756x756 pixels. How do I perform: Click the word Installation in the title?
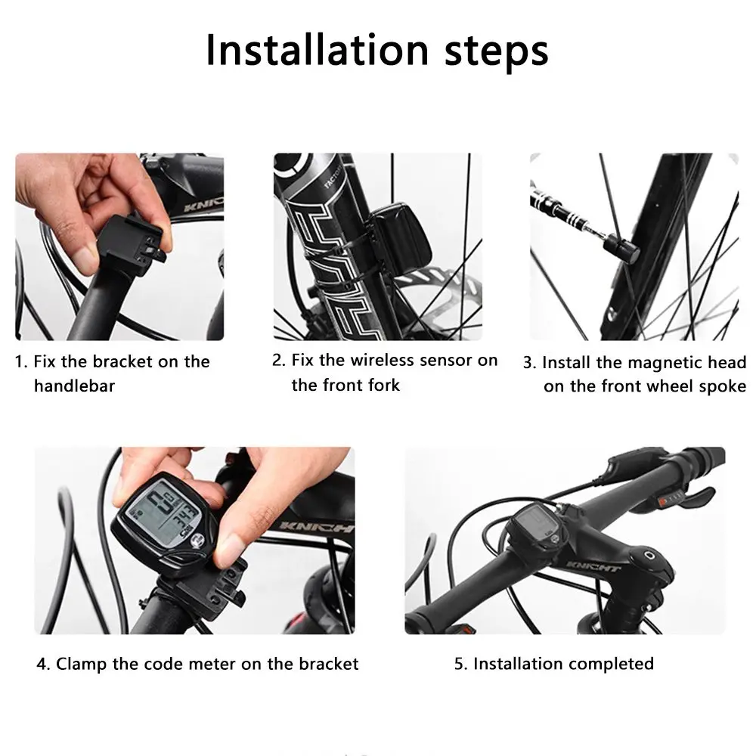pyautogui.click(x=318, y=50)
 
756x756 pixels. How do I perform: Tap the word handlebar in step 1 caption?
pyautogui.click(x=74, y=386)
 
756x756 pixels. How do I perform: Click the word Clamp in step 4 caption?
pyautogui.click(x=82, y=664)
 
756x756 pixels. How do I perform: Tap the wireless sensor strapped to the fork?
pyautogui.click(x=398, y=236)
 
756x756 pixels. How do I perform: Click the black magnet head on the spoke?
pyautogui.click(x=624, y=248)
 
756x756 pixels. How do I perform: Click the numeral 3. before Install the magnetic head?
pyautogui.click(x=529, y=363)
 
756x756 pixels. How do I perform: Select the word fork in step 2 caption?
pyautogui.click(x=384, y=386)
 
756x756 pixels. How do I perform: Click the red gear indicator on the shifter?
pyautogui.click(x=662, y=501)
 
